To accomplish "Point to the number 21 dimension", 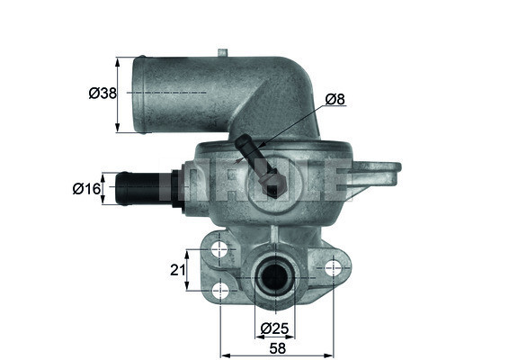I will coord(178,267).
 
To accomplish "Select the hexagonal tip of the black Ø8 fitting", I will coord(272,187).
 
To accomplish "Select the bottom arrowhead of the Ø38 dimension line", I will coord(118,128).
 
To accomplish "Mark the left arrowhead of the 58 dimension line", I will coord(223,341).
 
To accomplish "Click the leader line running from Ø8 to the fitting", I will coord(288,125).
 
